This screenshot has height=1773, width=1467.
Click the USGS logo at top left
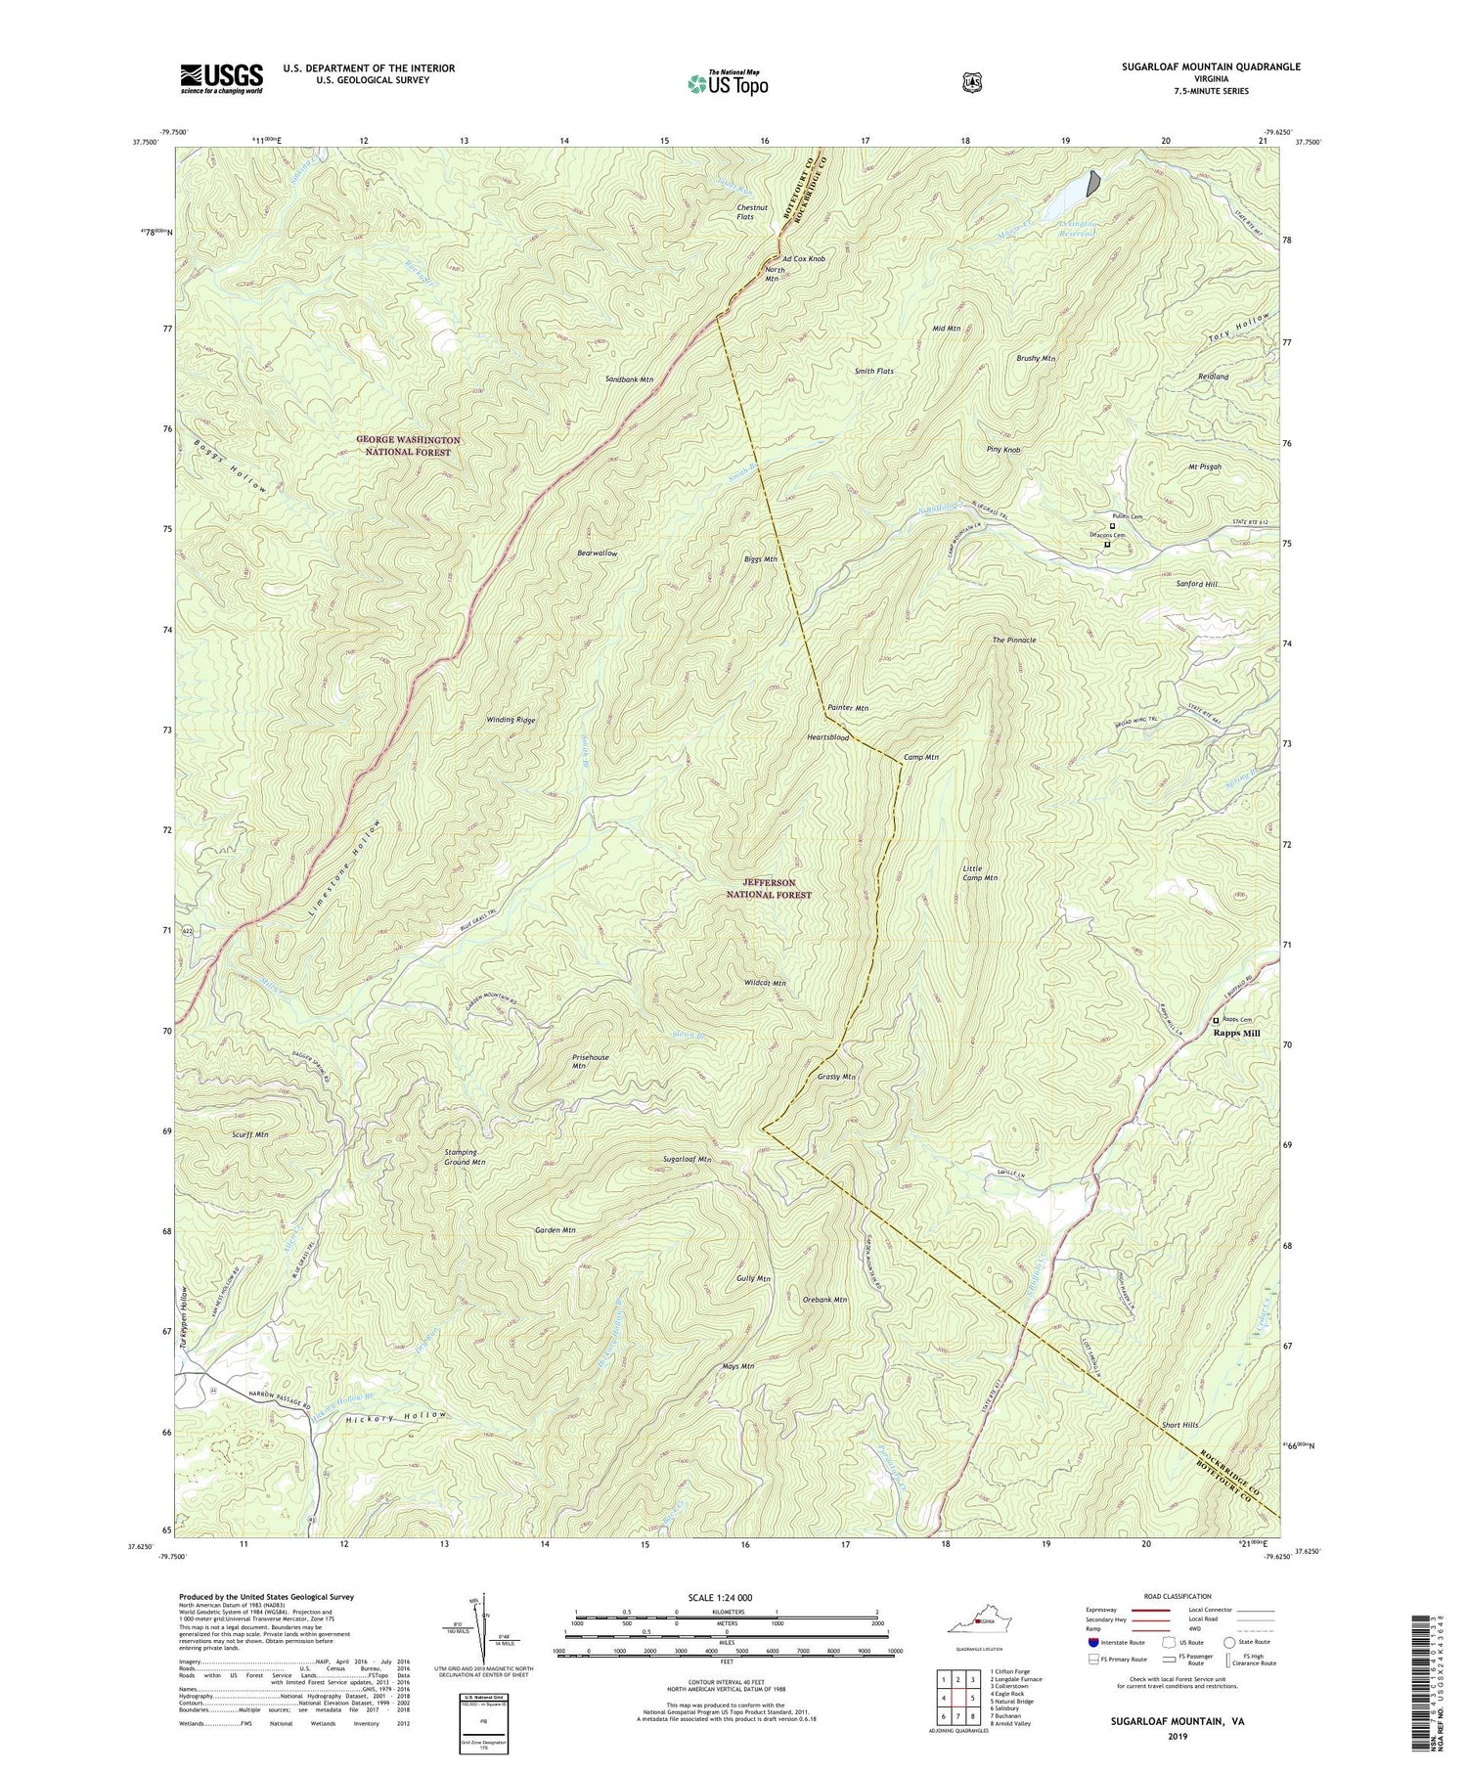tap(221, 78)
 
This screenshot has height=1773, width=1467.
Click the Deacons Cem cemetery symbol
tap(1107, 545)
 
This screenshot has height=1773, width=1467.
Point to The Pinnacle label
tap(1013, 640)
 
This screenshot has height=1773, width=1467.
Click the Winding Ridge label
tap(511, 720)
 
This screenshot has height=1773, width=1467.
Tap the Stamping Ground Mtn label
tap(466, 1158)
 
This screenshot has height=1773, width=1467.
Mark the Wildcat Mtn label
tap(765, 983)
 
